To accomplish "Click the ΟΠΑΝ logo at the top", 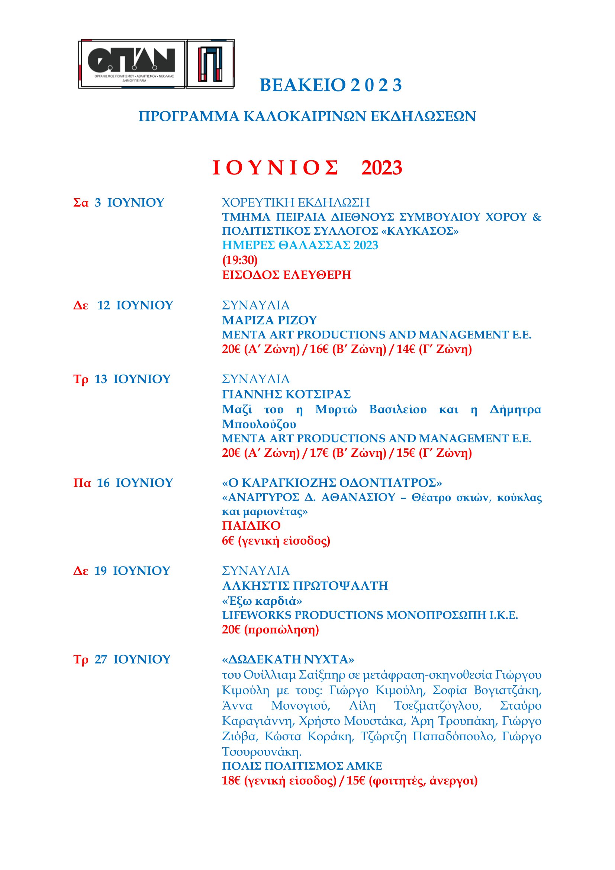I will pyautogui.click(x=131, y=64).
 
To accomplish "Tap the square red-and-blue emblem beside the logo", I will pyautogui.click(x=210, y=64).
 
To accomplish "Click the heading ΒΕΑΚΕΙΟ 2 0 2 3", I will pyautogui.click(x=331, y=85).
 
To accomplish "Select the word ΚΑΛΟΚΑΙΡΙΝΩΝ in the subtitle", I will pyautogui.click(x=305, y=116).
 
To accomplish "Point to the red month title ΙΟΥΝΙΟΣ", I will pyautogui.click(x=275, y=168).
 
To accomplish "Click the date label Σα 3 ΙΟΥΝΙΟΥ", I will pyautogui.click(x=119, y=203).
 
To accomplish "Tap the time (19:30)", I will pyautogui.click(x=240, y=260).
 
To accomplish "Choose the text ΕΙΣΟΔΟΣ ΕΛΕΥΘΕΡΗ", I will pyautogui.click(x=287, y=275).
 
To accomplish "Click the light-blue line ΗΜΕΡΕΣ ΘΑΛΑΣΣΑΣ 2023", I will pyautogui.click(x=300, y=245).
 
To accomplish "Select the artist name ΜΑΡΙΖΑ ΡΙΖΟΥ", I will pyautogui.click(x=269, y=320).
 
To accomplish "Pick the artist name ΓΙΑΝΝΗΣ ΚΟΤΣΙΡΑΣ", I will pyautogui.click(x=286, y=394).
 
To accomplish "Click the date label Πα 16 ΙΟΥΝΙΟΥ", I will pyautogui.click(x=123, y=483).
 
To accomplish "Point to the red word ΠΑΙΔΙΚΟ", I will pyautogui.click(x=251, y=526).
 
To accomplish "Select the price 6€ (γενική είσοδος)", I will pyautogui.click(x=276, y=541).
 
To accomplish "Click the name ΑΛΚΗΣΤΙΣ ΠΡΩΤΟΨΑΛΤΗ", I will pyautogui.click(x=305, y=586).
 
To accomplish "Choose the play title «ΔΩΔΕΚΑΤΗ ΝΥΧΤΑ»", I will pyautogui.click(x=288, y=660).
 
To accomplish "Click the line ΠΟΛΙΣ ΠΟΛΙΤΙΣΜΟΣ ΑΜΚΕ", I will pyautogui.click(x=302, y=766).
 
